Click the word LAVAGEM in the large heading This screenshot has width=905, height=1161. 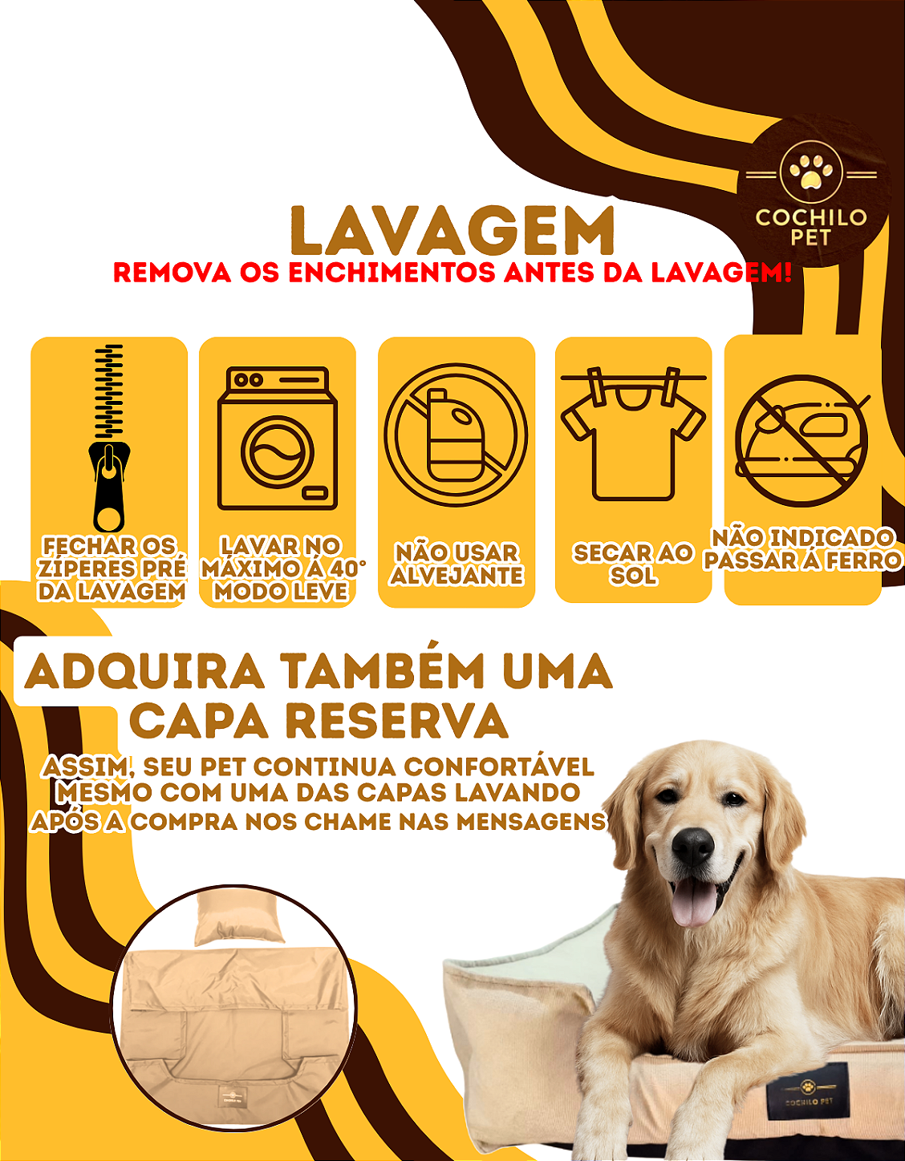coord(452,232)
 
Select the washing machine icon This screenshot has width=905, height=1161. coord(277,438)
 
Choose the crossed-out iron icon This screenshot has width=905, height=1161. coord(802,440)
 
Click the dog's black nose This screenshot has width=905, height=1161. coord(692,845)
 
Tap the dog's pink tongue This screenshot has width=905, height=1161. coord(693,902)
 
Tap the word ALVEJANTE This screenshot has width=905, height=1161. coord(457,576)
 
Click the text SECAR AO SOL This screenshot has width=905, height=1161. coord(633,564)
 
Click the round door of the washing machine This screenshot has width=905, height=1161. coord(277,451)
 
